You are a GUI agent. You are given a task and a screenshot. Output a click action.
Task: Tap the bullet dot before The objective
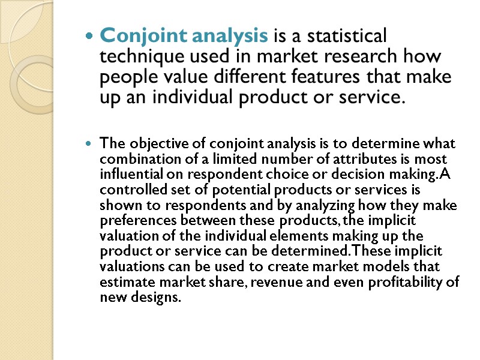[89, 145]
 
